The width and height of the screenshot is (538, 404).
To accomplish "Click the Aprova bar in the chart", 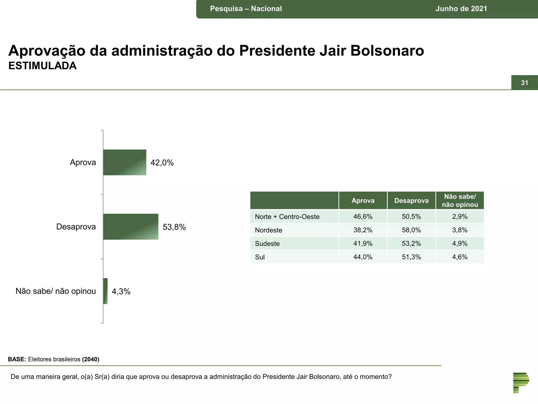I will tap(125, 162).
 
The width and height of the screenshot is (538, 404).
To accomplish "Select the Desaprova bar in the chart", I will tap(131, 226).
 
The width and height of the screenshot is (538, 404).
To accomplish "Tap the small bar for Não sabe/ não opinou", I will tap(105, 291).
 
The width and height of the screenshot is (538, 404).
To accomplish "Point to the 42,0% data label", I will tap(162, 163).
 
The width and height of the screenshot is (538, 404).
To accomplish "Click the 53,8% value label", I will tap(174, 227).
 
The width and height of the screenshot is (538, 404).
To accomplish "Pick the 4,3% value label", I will tap(121, 291).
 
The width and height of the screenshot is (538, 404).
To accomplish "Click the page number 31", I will tap(524, 83).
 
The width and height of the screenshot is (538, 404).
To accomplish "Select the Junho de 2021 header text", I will tap(461, 9).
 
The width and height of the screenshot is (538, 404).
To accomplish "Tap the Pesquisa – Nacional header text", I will tap(246, 9).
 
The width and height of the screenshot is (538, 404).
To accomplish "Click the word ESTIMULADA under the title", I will tap(43, 66).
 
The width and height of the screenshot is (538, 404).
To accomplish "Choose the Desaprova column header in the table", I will tap(411, 201).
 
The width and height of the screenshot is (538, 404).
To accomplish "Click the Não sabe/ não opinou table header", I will tap(460, 201).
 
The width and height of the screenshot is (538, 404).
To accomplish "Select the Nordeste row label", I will tap(268, 230).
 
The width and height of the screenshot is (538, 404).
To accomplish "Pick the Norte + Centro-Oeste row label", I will tap(287, 217).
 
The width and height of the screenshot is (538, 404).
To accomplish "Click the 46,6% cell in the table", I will tap(363, 217).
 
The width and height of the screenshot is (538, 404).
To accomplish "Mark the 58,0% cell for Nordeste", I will tap(411, 230).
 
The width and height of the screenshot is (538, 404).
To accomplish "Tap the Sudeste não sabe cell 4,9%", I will tap(460, 244).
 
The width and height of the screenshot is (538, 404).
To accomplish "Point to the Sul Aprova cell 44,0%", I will tap(363, 257).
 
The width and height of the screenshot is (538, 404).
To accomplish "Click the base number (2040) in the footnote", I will tap(91, 359).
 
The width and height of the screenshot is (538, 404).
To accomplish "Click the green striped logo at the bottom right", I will tap(521, 383).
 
